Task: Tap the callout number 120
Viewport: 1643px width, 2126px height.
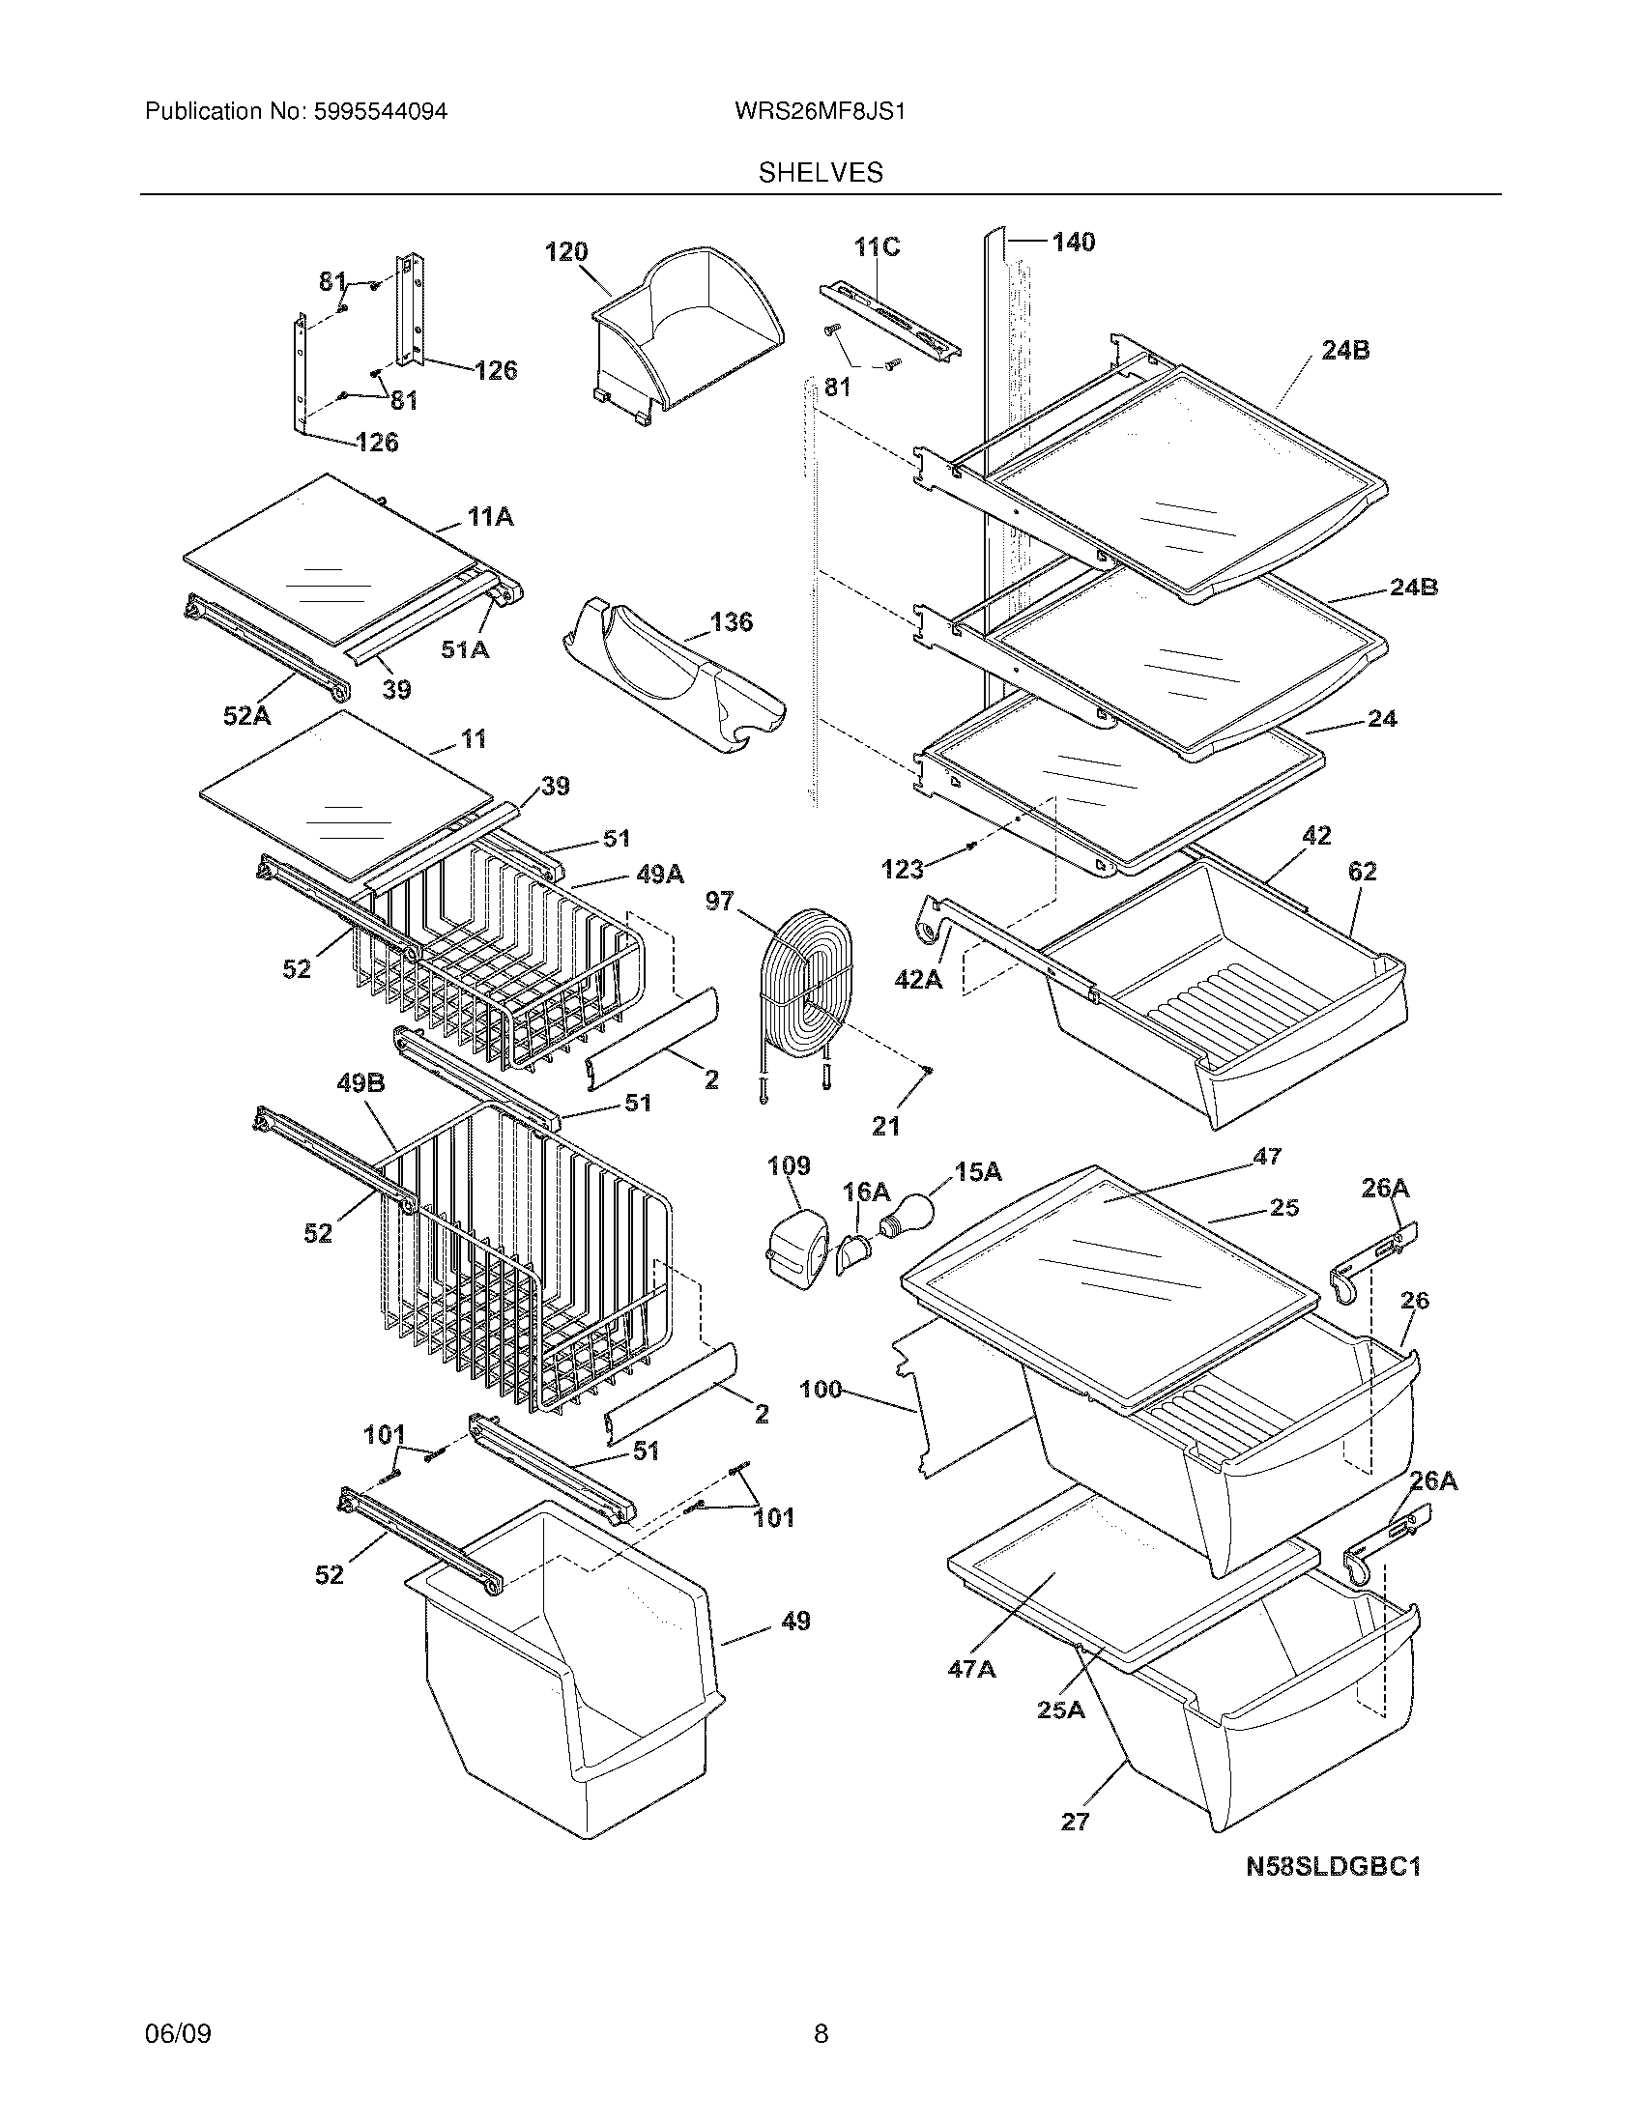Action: (x=565, y=252)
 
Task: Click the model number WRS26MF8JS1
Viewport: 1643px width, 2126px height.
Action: (x=821, y=112)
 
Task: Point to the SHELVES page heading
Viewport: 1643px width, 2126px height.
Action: (x=821, y=173)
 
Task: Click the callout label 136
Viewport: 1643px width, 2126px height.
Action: (x=731, y=621)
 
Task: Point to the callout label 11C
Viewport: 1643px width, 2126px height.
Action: (x=877, y=247)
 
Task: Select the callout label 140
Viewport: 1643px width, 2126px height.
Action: (x=1073, y=242)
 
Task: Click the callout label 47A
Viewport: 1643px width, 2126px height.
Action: (x=971, y=1669)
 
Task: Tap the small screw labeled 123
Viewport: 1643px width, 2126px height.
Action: (x=970, y=846)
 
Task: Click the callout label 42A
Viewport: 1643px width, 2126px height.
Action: (x=918, y=979)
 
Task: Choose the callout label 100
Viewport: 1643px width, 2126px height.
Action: (x=821, y=1389)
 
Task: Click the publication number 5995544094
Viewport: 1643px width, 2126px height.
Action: (x=380, y=112)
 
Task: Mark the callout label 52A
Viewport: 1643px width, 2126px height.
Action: (x=247, y=715)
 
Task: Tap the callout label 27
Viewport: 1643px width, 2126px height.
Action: (x=1075, y=1822)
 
